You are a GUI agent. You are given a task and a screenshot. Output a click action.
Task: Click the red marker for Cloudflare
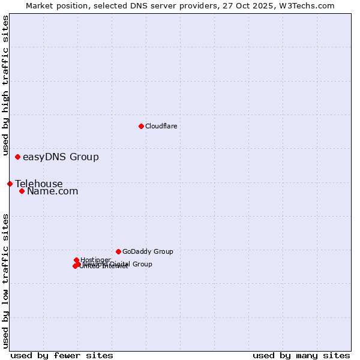[x=141, y=126]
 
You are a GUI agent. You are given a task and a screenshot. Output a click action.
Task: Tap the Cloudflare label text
[x=161, y=126]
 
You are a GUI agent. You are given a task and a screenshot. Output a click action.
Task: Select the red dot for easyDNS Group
[x=17, y=157]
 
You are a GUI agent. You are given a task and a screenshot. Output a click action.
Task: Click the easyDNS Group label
[x=61, y=157]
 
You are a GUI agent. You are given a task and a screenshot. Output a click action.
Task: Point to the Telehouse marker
[x=10, y=184]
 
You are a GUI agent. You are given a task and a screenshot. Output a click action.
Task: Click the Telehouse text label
[x=39, y=184]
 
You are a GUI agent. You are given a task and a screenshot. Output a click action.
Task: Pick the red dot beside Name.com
[x=22, y=191]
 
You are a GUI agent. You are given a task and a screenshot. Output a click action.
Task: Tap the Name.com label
[x=53, y=191]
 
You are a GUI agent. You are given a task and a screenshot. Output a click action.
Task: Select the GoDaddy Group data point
[x=118, y=251]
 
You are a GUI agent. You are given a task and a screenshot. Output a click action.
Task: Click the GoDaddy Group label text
[x=148, y=252]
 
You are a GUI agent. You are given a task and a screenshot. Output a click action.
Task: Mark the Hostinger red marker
[x=76, y=260]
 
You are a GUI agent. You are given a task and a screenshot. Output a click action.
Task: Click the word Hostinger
[x=96, y=260]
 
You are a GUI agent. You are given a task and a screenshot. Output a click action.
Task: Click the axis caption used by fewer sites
[x=62, y=355]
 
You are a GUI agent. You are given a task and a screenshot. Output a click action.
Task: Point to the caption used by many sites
[x=301, y=355]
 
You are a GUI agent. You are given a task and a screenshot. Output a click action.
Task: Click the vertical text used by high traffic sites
[x=5, y=86]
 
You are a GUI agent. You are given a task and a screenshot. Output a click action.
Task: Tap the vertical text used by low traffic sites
[x=5, y=281]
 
